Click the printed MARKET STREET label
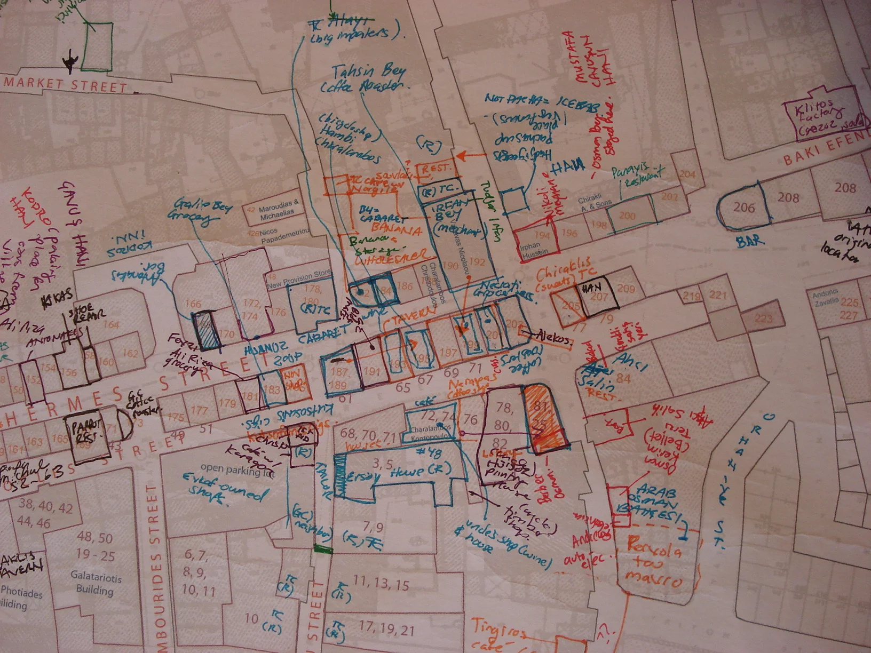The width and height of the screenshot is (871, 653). [65, 84]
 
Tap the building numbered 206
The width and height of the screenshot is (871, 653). [744, 206]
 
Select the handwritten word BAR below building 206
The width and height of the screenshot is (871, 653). [749, 241]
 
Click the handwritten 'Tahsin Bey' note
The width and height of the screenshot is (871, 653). [368, 72]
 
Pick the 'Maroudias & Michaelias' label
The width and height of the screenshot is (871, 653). [277, 207]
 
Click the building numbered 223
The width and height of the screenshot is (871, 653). [763, 318]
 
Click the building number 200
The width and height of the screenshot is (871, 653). [627, 216]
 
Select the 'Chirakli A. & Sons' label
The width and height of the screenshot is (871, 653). [596, 203]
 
